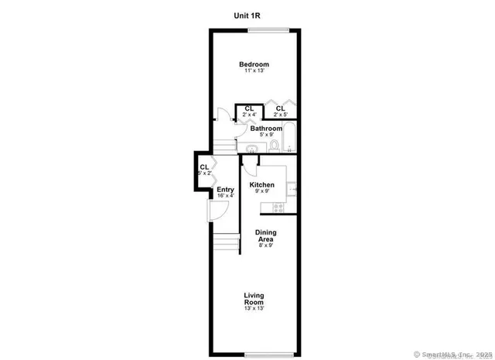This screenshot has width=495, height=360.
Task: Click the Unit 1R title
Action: click(x=247, y=15)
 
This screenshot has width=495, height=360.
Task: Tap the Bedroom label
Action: click(x=254, y=63)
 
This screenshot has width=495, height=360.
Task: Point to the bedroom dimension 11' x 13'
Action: click(x=254, y=71)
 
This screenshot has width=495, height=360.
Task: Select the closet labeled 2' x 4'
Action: click(x=249, y=111)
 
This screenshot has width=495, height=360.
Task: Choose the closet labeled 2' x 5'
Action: click(x=280, y=111)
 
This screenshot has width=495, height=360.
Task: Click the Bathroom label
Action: click(x=265, y=129)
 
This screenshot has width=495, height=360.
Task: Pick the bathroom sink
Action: click(x=252, y=149)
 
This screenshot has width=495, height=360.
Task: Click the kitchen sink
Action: click(x=292, y=186)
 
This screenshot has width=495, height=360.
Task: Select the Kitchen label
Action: click(x=261, y=185)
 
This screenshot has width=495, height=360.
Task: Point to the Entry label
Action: click(x=225, y=190)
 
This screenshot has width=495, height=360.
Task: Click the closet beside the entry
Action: click(x=204, y=170)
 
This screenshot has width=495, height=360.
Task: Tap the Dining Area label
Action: click(x=266, y=236)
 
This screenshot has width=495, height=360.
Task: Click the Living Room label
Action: click(x=254, y=298)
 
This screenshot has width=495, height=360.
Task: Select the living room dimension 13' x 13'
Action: click(x=254, y=309)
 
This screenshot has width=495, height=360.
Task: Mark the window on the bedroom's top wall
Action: click(x=269, y=29)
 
